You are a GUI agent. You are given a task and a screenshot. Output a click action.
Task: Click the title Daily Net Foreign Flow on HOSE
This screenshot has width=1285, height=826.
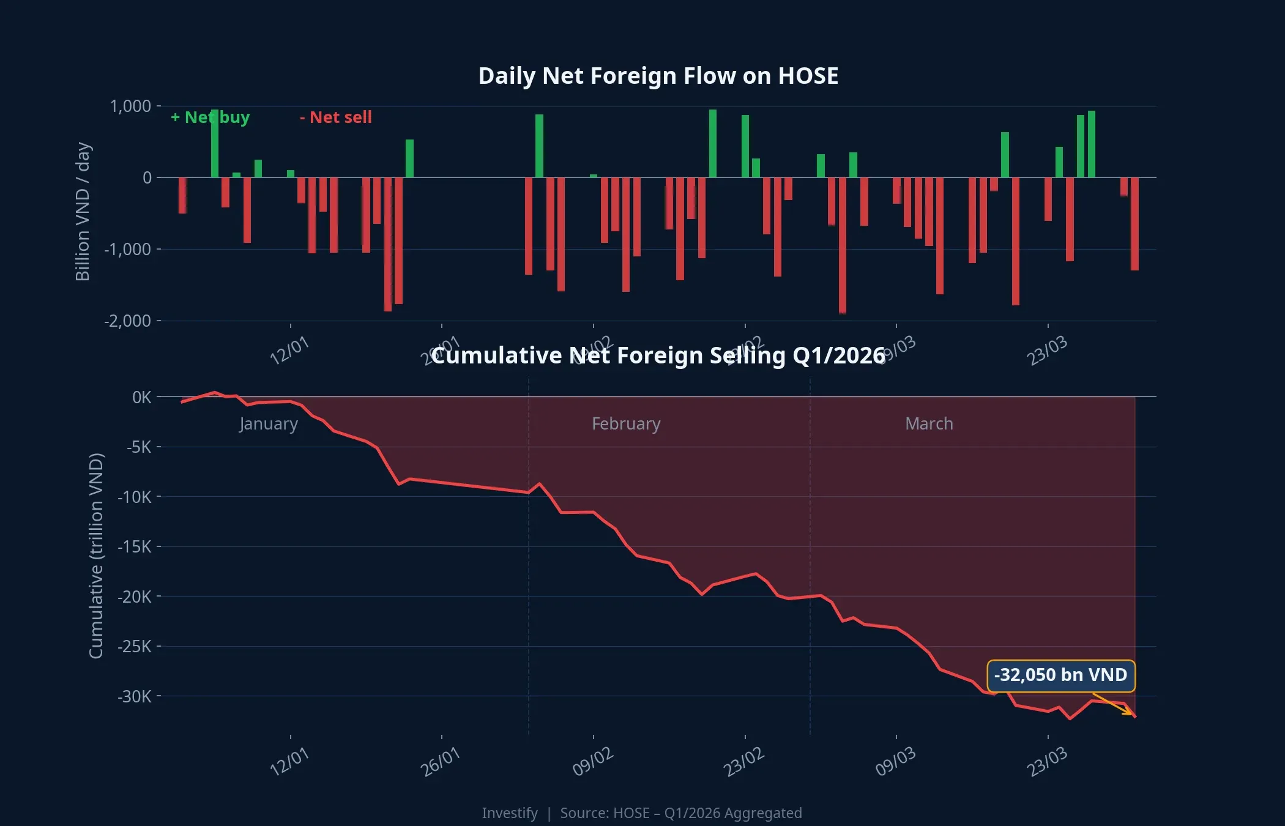click(658, 76)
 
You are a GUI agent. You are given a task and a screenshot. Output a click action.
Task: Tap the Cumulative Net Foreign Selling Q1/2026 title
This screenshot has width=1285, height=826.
click(658, 355)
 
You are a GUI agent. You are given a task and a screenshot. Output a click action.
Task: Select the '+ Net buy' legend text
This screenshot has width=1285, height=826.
click(210, 117)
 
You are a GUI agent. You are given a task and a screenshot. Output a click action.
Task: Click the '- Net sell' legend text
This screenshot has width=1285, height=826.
click(336, 117)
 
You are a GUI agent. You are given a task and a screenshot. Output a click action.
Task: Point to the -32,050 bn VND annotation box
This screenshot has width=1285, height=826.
click(1060, 675)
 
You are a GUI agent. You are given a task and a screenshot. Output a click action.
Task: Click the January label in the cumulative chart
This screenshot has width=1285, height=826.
click(268, 423)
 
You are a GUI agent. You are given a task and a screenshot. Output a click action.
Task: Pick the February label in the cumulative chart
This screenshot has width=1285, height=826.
click(626, 423)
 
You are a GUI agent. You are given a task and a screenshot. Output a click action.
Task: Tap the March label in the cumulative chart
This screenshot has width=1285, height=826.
click(929, 423)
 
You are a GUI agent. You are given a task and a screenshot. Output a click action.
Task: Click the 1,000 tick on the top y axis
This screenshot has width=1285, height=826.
click(130, 106)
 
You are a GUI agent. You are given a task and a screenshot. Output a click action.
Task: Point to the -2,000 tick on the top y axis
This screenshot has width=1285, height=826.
click(127, 321)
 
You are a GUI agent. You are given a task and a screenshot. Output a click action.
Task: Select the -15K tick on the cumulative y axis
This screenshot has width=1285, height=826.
click(134, 546)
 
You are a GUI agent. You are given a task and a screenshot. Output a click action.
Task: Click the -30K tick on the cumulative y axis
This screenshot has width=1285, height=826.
click(134, 696)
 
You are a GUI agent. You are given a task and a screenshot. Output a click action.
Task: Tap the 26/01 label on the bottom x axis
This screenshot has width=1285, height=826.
click(440, 762)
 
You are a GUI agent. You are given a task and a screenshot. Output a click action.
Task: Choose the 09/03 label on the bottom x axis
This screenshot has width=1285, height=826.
click(895, 762)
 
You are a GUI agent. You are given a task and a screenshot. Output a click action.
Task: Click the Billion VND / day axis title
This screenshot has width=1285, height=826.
click(83, 212)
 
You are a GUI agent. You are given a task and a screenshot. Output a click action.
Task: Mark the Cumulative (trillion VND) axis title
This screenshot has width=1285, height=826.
click(96, 556)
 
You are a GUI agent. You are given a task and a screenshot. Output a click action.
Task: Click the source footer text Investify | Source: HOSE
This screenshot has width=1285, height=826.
click(641, 813)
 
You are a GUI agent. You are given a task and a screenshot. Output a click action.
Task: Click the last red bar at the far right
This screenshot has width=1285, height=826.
click(1134, 223)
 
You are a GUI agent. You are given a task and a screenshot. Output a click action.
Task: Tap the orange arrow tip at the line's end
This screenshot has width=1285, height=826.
click(1132, 714)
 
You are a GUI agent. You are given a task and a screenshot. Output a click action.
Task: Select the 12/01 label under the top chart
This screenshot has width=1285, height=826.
click(289, 351)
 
